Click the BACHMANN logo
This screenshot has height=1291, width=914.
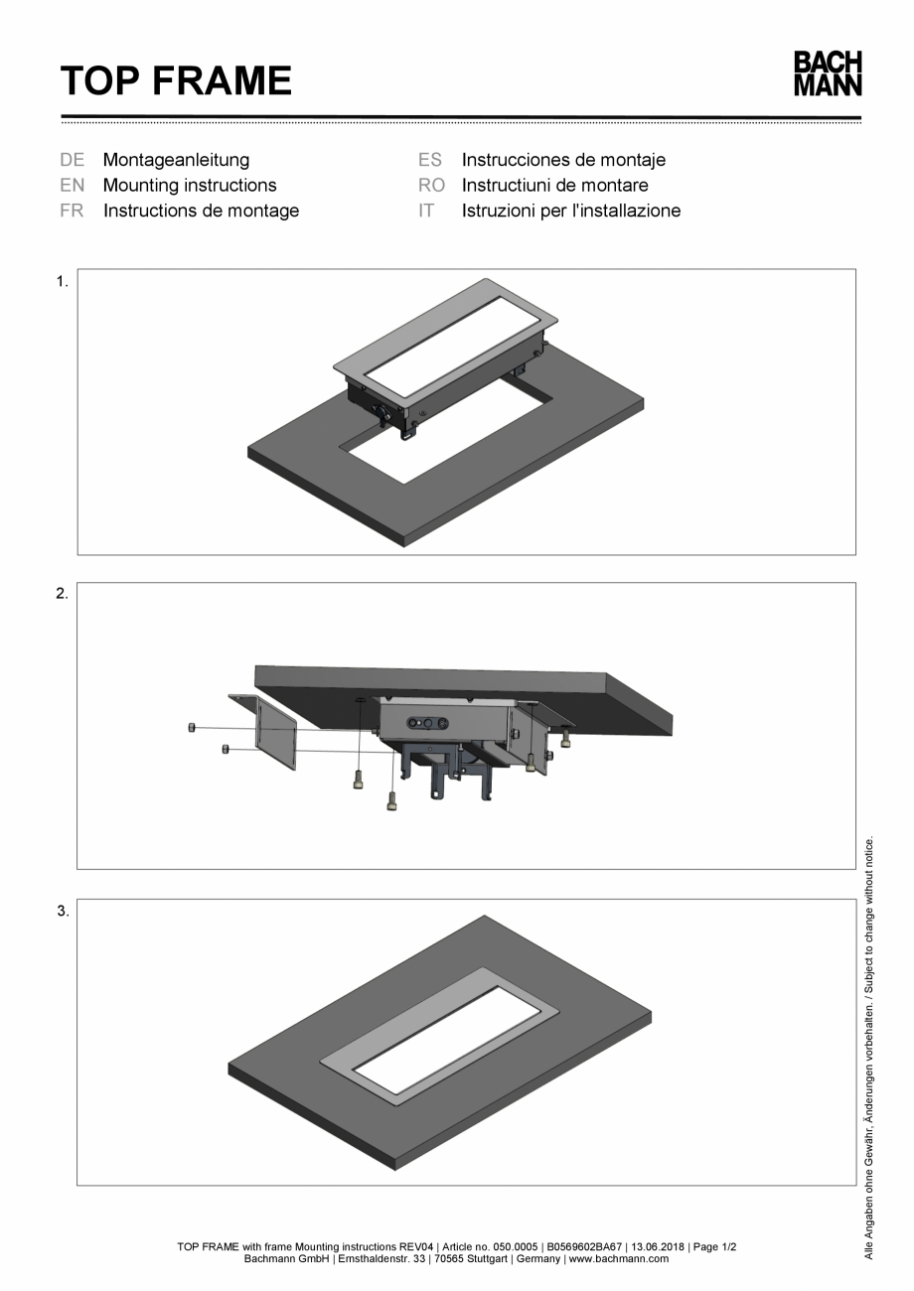pos(827,74)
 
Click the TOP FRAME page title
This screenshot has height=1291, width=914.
pos(176,80)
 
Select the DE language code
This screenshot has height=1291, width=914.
pos(72,160)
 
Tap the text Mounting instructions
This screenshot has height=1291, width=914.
pos(190,185)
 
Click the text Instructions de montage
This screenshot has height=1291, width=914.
pos(201,211)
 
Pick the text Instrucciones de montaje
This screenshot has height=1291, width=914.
pos(563,160)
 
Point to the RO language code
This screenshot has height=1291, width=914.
pos(432,185)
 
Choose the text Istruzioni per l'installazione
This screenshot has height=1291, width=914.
pos(571,211)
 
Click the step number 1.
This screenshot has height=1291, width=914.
pos(62,282)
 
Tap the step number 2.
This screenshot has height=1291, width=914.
pos(62,595)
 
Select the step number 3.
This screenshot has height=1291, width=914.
pos(62,912)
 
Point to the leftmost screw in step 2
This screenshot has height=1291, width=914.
pos(191,728)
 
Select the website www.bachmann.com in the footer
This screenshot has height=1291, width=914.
pos(618,1259)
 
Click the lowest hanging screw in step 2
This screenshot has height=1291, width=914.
pos(391,799)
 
